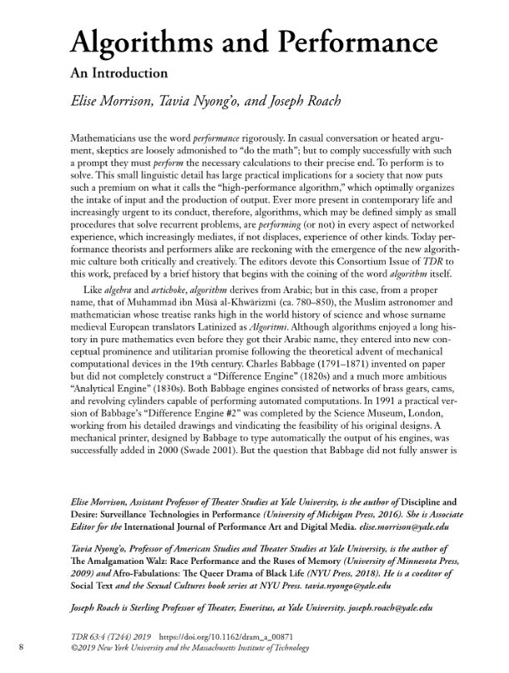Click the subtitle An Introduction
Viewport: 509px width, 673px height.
coord(118,72)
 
